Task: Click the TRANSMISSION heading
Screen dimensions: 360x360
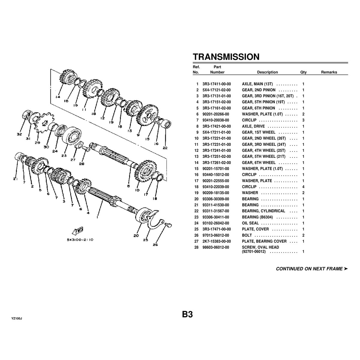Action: (x=226, y=57)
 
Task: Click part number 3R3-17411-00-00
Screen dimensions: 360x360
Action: (x=217, y=84)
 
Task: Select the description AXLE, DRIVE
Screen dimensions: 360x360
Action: (x=253, y=126)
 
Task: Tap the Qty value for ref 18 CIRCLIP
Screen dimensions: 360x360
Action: (x=303, y=187)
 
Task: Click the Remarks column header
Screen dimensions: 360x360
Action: (x=329, y=72)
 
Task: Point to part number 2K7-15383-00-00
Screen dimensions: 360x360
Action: (x=217, y=241)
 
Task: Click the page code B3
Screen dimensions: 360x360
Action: (x=187, y=314)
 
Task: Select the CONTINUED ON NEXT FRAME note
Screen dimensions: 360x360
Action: (x=312, y=269)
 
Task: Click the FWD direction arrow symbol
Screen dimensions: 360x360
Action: (x=78, y=230)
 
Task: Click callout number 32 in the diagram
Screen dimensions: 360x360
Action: (x=19, y=135)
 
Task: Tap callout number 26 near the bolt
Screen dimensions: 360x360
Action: (x=155, y=244)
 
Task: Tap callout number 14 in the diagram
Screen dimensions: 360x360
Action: (x=58, y=97)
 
